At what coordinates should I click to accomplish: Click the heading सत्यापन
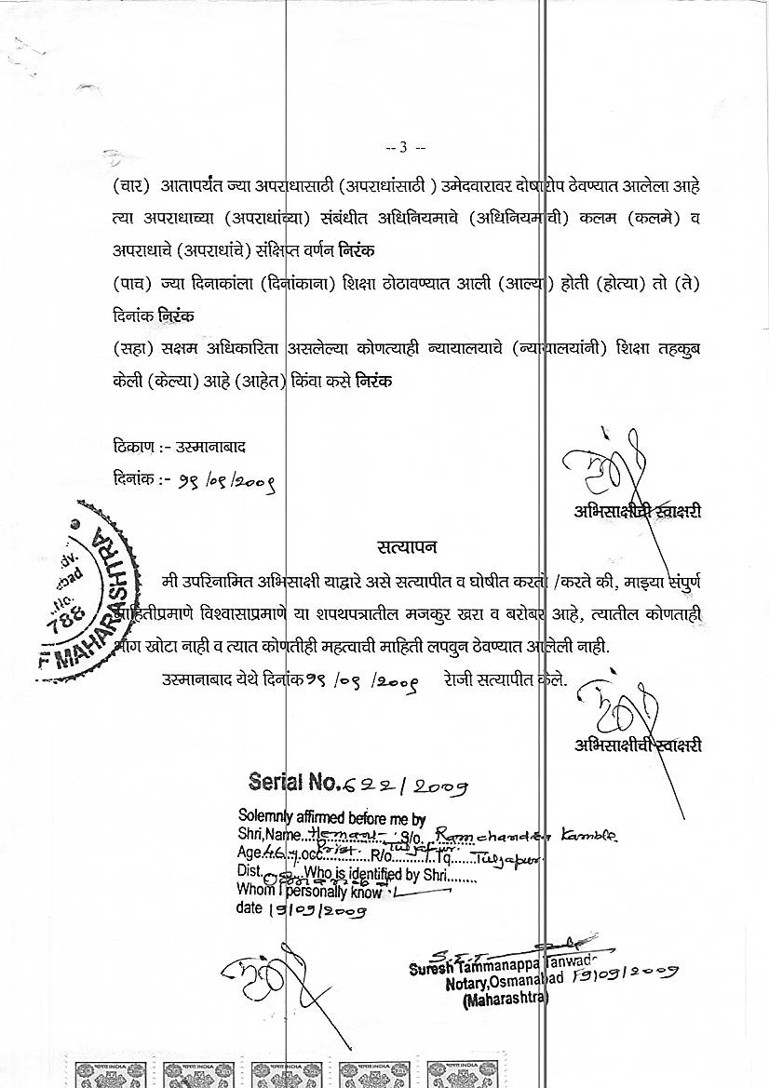407,545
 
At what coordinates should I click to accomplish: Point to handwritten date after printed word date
306,909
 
